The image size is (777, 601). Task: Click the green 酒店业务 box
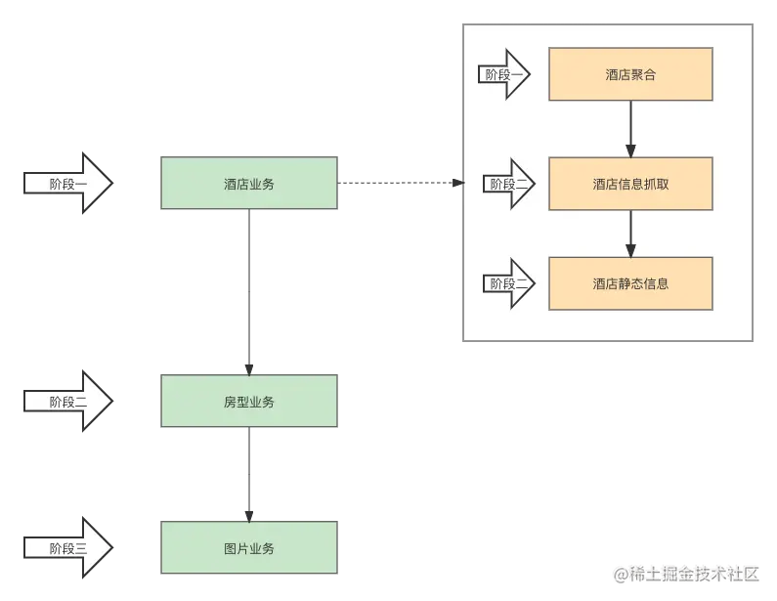249,183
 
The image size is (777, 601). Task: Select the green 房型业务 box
249,402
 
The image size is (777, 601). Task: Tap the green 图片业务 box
249,548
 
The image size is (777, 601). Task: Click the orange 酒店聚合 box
630,73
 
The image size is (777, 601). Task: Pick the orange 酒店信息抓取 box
630,183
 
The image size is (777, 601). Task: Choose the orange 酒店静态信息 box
630,283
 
